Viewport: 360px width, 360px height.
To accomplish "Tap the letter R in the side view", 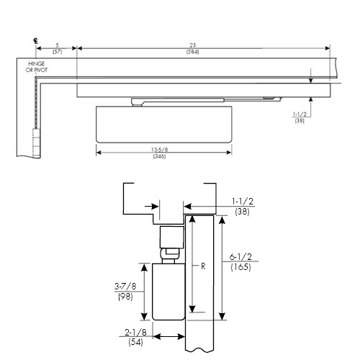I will (203, 266).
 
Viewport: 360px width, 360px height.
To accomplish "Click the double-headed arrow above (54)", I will (170, 335).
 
